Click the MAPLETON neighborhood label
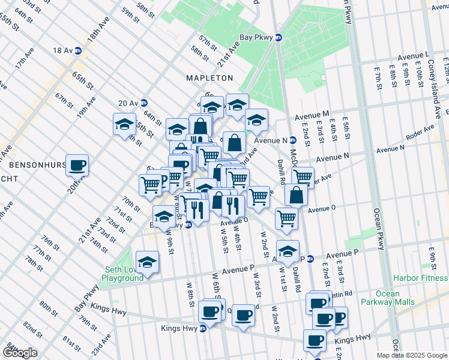[209, 78]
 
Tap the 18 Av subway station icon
[77, 50]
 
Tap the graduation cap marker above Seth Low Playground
[147, 261]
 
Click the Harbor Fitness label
[420, 278]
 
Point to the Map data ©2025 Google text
[411, 355]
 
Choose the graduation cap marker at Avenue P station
[288, 250]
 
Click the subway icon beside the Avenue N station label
[292, 140]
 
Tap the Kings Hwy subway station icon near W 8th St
[203, 328]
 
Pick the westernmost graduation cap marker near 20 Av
[125, 125]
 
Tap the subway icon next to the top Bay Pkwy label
[279, 37]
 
